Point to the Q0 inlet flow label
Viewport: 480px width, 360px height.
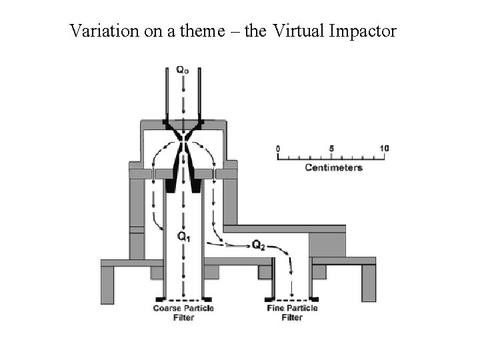pyautogui.click(x=182, y=69)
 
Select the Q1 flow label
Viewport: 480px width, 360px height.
pyautogui.click(x=183, y=237)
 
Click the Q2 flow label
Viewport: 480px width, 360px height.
pyautogui.click(x=259, y=245)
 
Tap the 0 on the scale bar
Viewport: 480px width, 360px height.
pyautogui.click(x=278, y=148)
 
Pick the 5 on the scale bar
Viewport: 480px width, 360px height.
pyautogui.click(x=332, y=148)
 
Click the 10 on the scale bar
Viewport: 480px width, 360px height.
pyautogui.click(x=384, y=148)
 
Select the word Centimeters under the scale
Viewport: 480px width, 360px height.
pyautogui.click(x=333, y=167)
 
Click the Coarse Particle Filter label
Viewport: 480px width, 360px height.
pyautogui.click(x=183, y=313)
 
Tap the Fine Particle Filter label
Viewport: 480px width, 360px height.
pyautogui.click(x=292, y=313)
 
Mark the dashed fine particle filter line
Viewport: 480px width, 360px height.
pyautogui.click(x=292, y=299)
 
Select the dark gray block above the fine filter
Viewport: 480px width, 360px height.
pyautogui.click(x=327, y=245)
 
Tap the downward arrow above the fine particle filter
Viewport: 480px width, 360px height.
pyautogui.click(x=291, y=273)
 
